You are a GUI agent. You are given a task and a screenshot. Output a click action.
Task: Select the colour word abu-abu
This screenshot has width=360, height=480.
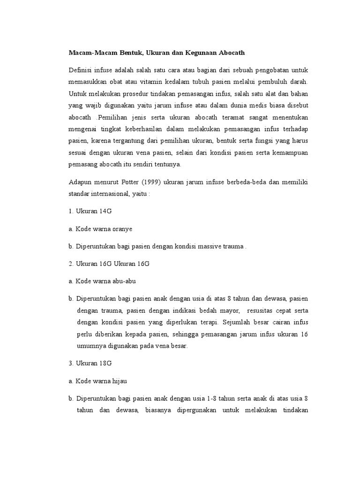[x=122, y=281]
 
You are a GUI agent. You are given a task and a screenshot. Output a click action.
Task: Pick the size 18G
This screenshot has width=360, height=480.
[x=105, y=363]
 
